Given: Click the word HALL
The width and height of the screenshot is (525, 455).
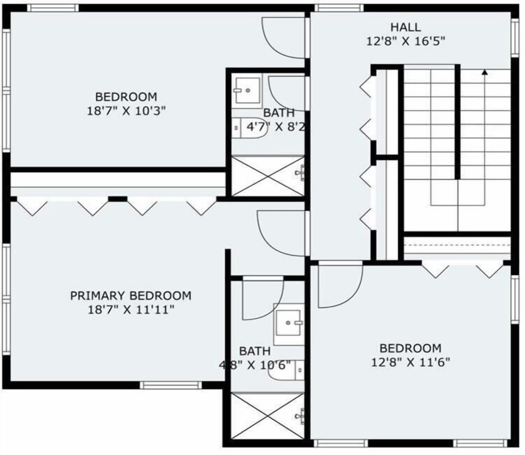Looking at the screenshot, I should (x=405, y=27).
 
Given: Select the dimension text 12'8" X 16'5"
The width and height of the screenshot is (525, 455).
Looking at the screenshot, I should (x=405, y=41).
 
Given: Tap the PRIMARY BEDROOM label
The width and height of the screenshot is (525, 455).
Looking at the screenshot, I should (x=131, y=296).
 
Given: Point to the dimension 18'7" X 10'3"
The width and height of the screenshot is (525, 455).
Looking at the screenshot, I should (x=126, y=111).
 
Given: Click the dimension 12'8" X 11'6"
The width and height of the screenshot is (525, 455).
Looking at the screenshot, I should (x=410, y=362).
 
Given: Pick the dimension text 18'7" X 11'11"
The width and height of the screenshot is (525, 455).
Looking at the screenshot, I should (x=131, y=310).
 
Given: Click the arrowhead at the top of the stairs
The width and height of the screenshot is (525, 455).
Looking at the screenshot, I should (x=485, y=71).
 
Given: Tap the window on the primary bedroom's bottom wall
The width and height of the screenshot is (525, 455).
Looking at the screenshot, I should (x=171, y=385).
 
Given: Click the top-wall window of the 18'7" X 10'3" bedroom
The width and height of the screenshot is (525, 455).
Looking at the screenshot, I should (x=52, y=8).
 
